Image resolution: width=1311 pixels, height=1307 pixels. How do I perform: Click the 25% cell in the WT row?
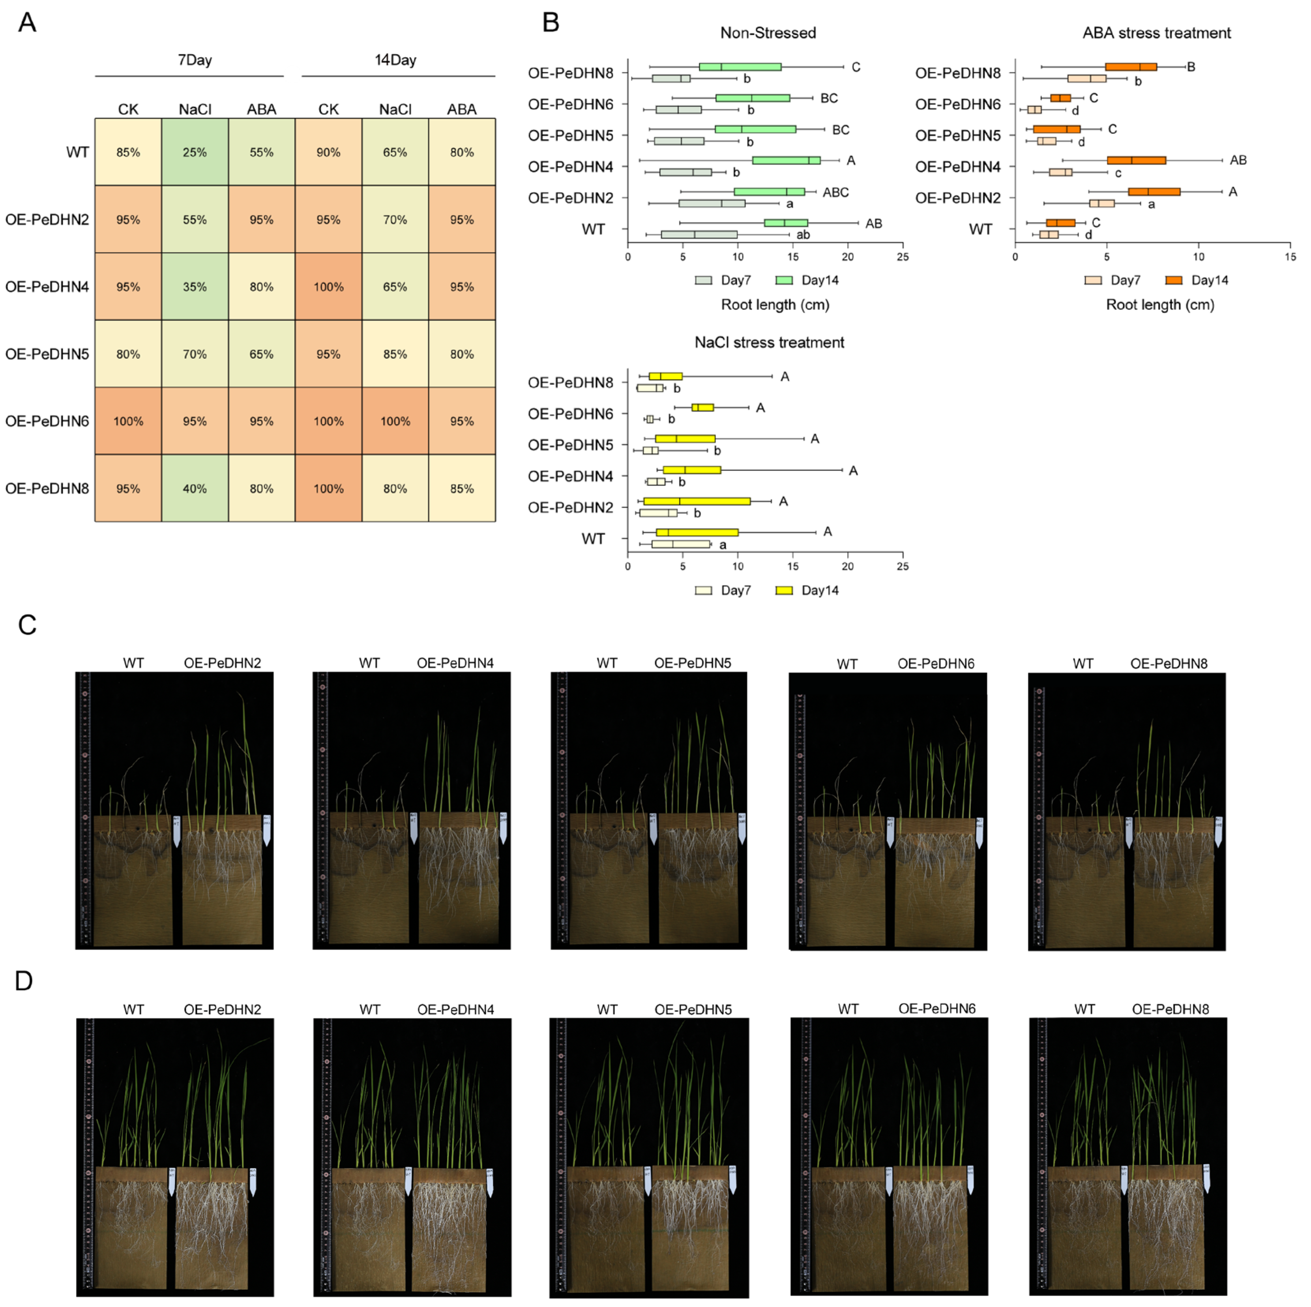click(195, 152)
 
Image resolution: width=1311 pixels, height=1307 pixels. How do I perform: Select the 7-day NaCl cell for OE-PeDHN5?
click(195, 354)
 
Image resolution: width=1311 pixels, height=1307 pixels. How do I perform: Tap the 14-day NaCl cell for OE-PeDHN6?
click(395, 421)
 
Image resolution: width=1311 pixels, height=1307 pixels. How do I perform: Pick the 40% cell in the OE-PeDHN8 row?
click(195, 488)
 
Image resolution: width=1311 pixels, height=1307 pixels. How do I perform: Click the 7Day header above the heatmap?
click(195, 60)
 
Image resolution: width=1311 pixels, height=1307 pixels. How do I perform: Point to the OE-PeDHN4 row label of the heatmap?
click(47, 286)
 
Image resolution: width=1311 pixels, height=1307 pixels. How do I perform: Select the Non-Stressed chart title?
click(768, 33)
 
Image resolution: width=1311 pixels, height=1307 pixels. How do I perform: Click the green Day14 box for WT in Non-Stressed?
click(786, 223)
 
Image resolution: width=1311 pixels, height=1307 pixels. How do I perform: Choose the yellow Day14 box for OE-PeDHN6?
click(702, 407)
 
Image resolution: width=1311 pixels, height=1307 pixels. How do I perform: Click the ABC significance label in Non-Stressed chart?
click(835, 193)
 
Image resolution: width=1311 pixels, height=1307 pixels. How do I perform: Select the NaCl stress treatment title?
click(769, 342)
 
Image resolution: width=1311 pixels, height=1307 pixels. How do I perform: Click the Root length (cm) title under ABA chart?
click(1160, 305)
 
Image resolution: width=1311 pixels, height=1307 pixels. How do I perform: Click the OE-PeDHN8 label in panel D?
click(1170, 1009)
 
